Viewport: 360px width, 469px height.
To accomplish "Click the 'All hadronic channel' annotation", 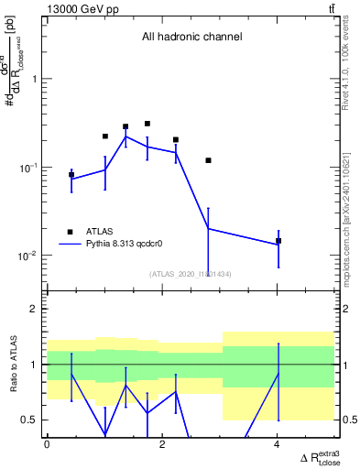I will [191, 38].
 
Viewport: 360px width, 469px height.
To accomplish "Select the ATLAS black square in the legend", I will [70, 232].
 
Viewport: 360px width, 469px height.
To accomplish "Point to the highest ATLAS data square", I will [147, 123].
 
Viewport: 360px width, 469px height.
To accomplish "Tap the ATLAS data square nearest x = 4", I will [278, 241].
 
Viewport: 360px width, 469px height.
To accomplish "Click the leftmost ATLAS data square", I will [71, 174].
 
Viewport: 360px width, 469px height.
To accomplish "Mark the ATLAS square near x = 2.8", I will [209, 160].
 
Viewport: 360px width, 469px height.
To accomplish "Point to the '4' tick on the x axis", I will [278, 444].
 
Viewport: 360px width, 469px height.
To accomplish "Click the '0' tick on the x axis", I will [48, 444].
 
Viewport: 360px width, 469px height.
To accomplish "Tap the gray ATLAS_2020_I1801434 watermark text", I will [191, 273].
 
